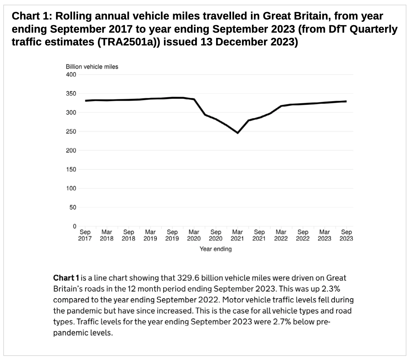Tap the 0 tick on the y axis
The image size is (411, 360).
point(75,226)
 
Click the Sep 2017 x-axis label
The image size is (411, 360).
point(85,235)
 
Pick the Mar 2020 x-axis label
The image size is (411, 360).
point(194,235)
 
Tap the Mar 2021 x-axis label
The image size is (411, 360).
point(237,235)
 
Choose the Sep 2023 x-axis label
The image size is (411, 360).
point(346,235)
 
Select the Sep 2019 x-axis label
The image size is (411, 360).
point(172,235)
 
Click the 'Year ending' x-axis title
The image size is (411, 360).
point(215,249)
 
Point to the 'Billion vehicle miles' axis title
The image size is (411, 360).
point(92,67)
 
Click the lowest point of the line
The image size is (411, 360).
point(237,133)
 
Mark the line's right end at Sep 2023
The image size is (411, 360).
point(346,101)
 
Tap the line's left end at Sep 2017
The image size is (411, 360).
point(85,101)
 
